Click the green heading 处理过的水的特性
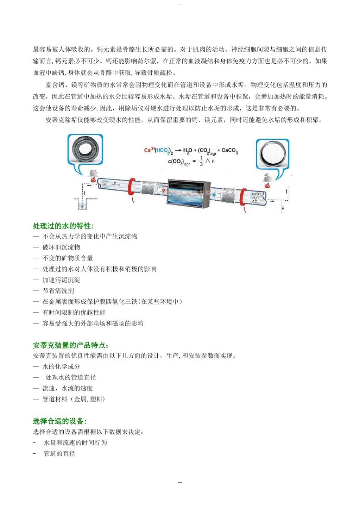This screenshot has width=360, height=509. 63,226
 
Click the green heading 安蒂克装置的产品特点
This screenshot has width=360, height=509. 71,345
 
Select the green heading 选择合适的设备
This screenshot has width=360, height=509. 59,421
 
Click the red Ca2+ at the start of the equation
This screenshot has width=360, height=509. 149,150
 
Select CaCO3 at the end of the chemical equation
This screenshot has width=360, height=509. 230,151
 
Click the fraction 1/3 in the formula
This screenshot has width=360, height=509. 201,161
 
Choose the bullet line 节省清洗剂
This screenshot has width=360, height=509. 58,291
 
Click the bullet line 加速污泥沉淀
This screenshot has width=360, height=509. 61,280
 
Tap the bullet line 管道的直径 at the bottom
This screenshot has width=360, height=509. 59,454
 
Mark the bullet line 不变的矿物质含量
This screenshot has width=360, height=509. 67,258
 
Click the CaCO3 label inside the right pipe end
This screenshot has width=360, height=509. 256,194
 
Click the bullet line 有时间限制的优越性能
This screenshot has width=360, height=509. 74,313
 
